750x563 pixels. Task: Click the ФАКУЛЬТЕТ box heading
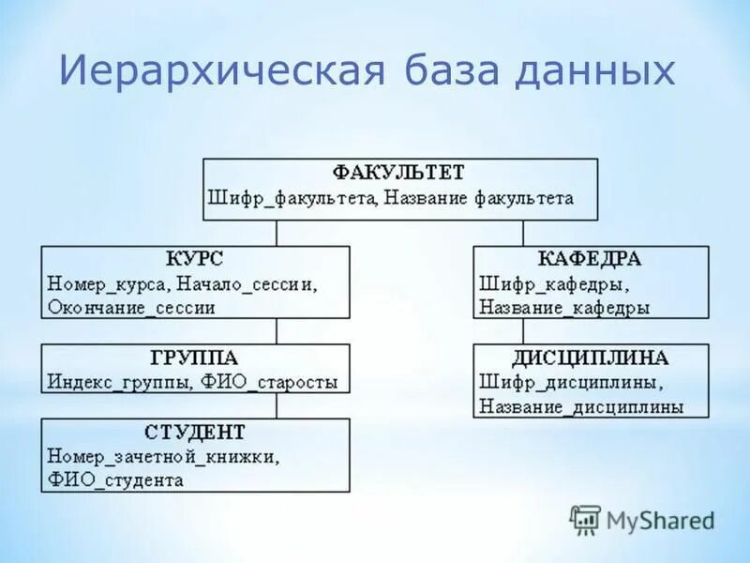click(399, 174)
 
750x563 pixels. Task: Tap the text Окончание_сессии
click(130, 307)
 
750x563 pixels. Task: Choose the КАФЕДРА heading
click(590, 259)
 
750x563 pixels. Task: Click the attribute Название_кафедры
click(564, 307)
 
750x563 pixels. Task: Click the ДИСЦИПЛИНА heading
click(590, 358)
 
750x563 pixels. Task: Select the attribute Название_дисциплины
click(581, 407)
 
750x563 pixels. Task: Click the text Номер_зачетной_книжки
click(162, 457)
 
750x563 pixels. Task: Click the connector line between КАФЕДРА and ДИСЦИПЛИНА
click(523, 331)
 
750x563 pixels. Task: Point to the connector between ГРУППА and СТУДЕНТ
click(276, 405)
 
